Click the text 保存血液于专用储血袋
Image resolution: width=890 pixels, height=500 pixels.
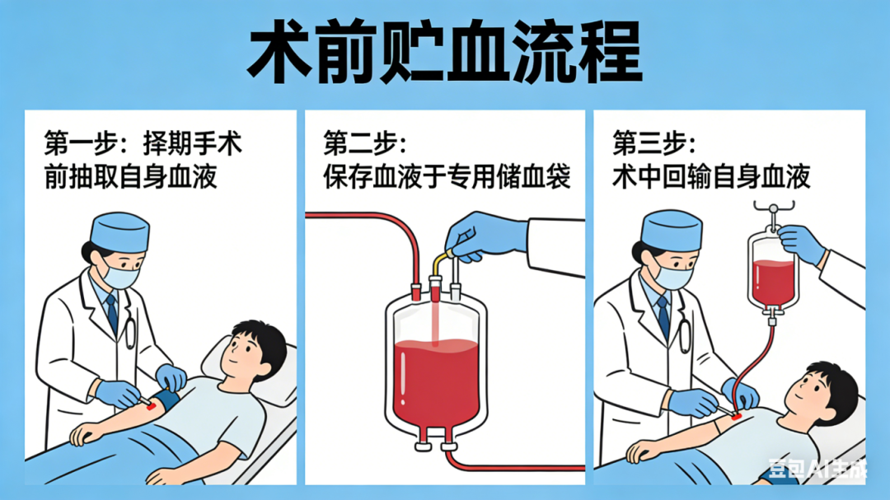(447, 176)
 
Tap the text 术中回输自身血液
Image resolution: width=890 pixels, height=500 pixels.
(711, 176)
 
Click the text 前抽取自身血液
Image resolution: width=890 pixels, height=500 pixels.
(130, 176)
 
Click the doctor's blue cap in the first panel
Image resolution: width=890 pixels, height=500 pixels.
(119, 231)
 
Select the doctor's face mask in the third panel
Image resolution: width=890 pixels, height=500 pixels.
(674, 276)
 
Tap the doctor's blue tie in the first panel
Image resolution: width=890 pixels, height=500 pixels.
(112, 313)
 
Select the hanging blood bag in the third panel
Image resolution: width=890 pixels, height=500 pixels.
(772, 273)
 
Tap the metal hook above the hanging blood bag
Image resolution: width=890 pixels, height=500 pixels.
(773, 210)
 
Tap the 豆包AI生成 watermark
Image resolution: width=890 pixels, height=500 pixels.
(817, 469)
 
